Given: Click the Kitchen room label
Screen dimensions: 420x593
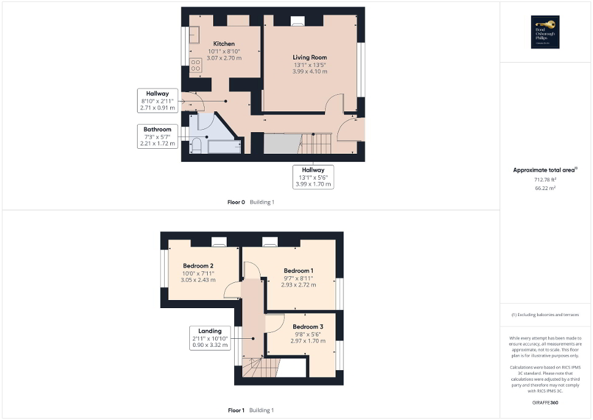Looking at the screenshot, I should pos(224,44).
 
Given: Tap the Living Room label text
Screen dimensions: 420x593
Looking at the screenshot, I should pos(310,57).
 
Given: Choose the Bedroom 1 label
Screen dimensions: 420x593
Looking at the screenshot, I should pos(299,271).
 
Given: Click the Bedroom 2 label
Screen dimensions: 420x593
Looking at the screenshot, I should pos(198,266).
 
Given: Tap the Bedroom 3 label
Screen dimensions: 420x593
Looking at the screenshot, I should pos(308,327).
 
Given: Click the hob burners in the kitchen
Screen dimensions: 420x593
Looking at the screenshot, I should pos(195,65).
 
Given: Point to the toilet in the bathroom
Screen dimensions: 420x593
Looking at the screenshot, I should pos(197,145).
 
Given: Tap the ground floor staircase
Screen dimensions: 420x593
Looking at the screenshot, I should pos(316,145).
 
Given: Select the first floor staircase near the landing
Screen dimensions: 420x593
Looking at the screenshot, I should pos(258,369).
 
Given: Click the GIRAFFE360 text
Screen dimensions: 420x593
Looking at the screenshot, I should pos(545,403).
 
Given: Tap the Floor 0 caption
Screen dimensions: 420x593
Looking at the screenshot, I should pos(236,202).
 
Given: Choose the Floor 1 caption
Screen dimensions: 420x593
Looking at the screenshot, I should pos(236,410).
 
